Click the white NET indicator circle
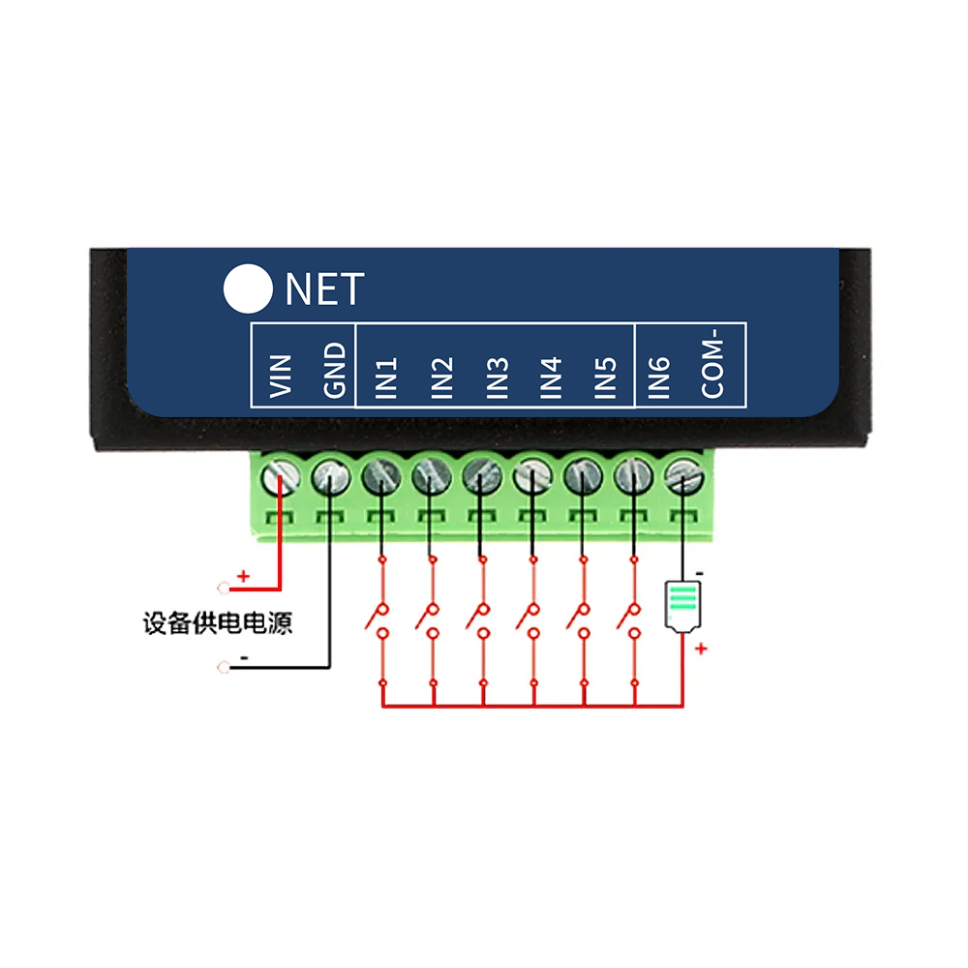click(248, 288)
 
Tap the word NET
click(324, 289)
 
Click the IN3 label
click(498, 378)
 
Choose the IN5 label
click(606, 378)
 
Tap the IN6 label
click(659, 378)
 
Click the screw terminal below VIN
click(280, 474)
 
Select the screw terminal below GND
click(331, 474)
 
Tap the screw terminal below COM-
click(684, 474)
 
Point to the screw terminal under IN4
click(530, 474)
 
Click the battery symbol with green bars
click(682, 604)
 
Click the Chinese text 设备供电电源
click(217, 623)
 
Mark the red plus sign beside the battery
click(702, 649)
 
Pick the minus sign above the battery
click(699, 574)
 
